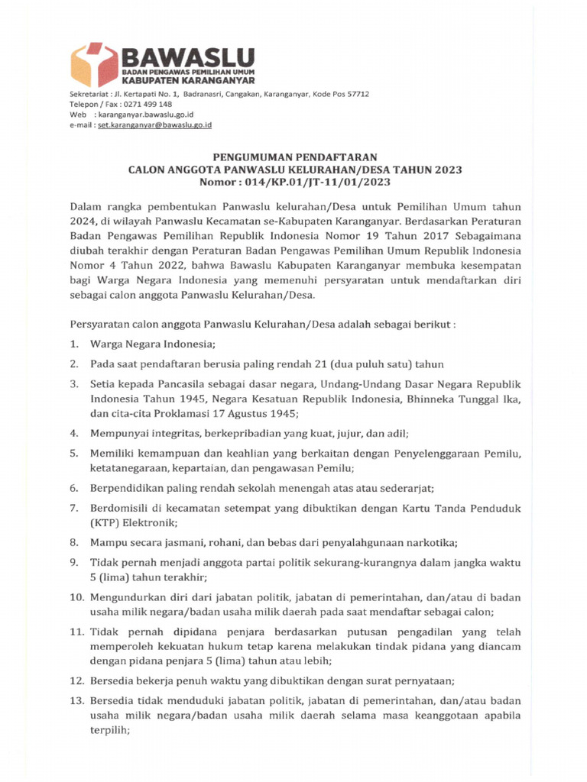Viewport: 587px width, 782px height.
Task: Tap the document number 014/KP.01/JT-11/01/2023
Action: (x=319, y=183)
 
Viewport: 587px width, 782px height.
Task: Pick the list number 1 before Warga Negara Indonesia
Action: (x=73, y=344)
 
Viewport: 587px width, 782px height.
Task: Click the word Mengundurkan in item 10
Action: (x=125, y=598)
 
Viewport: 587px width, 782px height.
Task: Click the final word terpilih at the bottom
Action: (x=108, y=729)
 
